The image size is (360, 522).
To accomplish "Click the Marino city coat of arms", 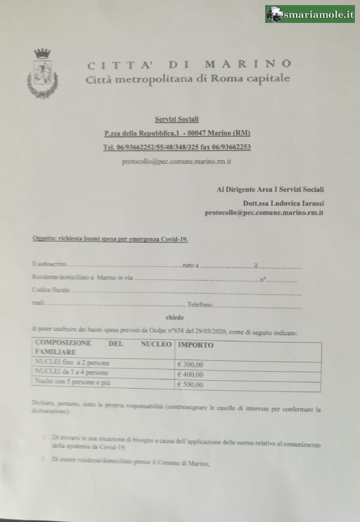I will pyautogui.click(x=42, y=73).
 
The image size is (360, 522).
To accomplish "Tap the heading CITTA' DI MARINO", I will pyautogui.click(x=189, y=64).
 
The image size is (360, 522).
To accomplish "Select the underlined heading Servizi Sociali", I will pyautogui.click(x=176, y=119).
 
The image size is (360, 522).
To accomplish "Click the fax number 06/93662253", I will pyautogui.click(x=227, y=147).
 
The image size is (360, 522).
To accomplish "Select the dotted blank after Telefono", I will pyautogui.click(x=257, y=306).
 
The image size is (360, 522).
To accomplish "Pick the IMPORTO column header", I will pyautogui.click(x=195, y=345).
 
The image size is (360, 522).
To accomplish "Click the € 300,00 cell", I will pyautogui.click(x=190, y=364).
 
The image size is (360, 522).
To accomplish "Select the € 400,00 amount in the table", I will pyautogui.click(x=190, y=375).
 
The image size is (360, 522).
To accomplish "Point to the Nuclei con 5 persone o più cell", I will pyautogui.click(x=71, y=382).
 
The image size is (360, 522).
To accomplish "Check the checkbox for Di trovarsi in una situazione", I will pyautogui.click(x=44, y=437).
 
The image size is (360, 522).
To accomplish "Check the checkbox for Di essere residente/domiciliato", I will pyautogui.click(x=44, y=459).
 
